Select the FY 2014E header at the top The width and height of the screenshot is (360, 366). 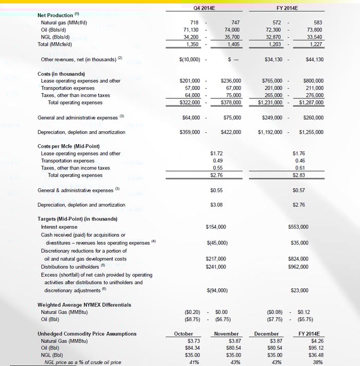(x=288, y=8)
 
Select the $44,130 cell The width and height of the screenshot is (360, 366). (x=313, y=59)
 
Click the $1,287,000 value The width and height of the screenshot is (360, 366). (x=312, y=102)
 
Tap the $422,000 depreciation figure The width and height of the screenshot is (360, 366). (x=230, y=132)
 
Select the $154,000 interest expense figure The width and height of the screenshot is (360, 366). (x=215, y=226)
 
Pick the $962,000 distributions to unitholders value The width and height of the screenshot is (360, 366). (x=298, y=267)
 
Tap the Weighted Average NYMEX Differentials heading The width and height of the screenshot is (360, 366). (x=84, y=305)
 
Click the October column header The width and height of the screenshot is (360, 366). (x=184, y=334)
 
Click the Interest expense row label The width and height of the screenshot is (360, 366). (x=60, y=226)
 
